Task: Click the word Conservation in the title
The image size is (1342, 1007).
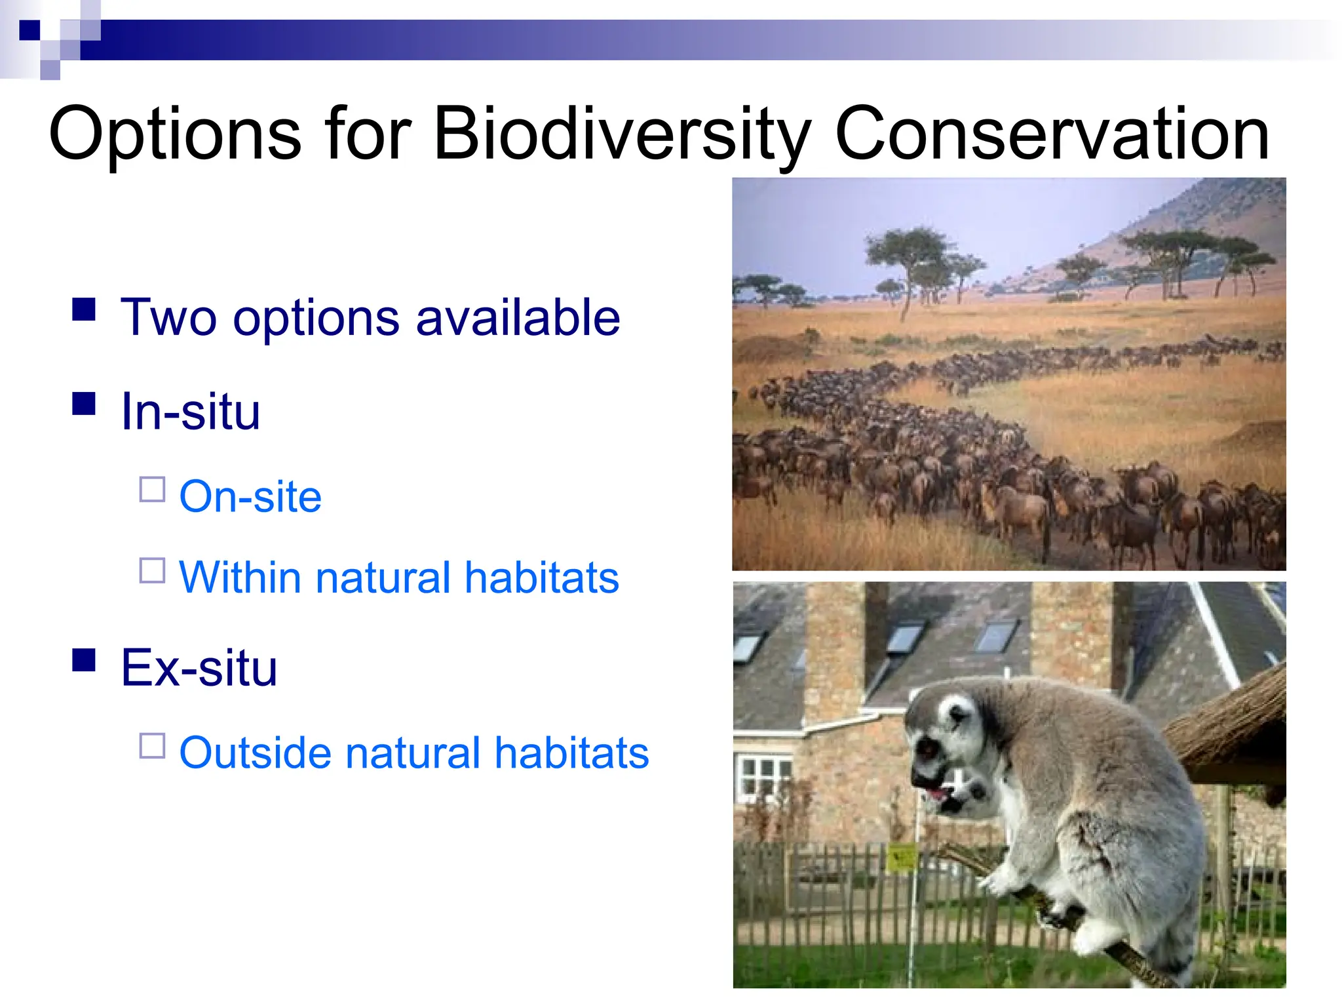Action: [1052, 134]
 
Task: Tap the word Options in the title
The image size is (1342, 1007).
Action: [174, 134]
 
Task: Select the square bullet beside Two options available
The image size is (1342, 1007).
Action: [84, 309]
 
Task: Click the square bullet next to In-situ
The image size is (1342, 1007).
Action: [84, 403]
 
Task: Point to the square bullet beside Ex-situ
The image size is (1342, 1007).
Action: [84, 660]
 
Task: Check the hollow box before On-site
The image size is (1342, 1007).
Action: [152, 490]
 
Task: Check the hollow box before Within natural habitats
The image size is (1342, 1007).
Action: [152, 570]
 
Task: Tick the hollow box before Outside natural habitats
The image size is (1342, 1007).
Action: [152, 745]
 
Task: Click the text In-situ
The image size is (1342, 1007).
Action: [191, 412]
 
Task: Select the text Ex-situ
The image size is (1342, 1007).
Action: [199, 668]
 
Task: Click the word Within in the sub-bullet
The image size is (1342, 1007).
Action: [239, 578]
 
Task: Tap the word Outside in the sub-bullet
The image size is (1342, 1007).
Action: [254, 753]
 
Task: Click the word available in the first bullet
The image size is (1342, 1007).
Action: [518, 317]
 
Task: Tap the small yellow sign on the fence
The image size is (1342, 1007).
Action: [902, 858]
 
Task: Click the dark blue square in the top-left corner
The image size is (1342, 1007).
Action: [29, 30]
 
